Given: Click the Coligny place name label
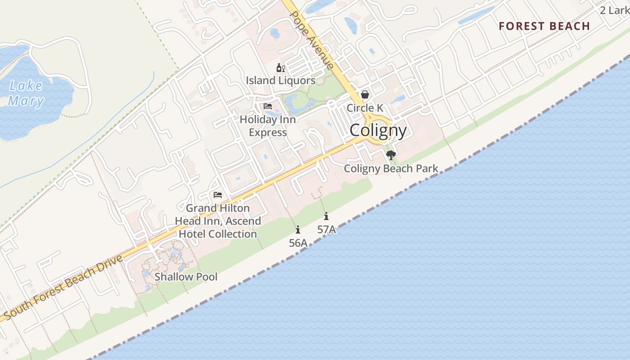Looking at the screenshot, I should (378, 130).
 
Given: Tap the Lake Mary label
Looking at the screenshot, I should (26, 93).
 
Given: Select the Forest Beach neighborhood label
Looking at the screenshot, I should (544, 26).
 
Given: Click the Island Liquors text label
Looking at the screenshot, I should (280, 81).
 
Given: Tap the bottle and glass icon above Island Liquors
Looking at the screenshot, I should (280, 68).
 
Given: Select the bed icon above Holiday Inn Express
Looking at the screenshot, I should (268, 107).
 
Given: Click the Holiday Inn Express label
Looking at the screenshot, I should (268, 126).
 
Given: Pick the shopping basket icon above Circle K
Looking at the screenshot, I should (365, 94).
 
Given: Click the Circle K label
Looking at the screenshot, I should (365, 108).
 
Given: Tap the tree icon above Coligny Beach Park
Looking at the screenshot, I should (391, 155).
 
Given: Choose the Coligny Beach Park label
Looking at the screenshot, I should (391, 169).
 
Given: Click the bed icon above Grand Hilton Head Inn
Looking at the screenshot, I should (218, 195).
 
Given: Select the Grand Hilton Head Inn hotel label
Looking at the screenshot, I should (218, 221).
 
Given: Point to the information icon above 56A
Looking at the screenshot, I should (298, 229).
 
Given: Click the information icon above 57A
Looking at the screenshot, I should (326, 216).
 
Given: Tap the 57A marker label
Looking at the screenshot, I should (326, 229).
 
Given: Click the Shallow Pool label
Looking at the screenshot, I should (186, 277).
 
